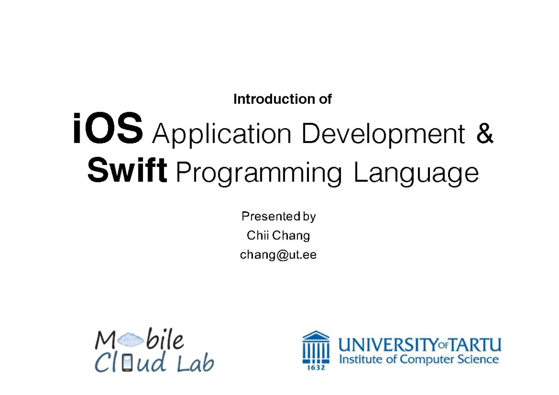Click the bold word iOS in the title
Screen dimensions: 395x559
[x=107, y=131]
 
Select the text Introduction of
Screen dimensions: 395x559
[x=282, y=99]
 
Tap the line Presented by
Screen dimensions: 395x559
[x=279, y=217]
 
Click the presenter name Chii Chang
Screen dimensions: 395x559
[x=279, y=236]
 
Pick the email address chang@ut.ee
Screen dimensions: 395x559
[x=278, y=255]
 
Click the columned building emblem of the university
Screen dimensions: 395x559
[x=316, y=347]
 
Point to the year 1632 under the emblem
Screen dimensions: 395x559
[x=316, y=368]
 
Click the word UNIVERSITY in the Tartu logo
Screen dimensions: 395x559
[x=388, y=346]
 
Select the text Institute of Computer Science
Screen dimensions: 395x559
[x=418, y=360]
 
